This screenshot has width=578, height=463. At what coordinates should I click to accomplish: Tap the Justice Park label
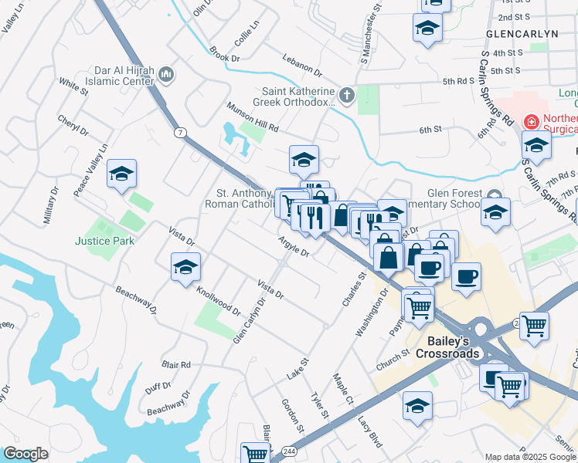(104, 241)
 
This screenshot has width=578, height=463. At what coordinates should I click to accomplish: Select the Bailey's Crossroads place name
(452, 346)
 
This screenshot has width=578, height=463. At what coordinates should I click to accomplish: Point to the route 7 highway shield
(180, 133)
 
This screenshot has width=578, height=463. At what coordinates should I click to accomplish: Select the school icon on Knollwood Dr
(185, 268)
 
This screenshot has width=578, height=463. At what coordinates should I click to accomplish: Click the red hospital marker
(531, 121)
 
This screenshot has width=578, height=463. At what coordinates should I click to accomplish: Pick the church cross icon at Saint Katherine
(347, 96)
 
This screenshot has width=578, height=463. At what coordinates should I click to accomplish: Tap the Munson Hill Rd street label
(252, 117)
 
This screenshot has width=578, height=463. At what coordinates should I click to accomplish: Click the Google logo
(25, 454)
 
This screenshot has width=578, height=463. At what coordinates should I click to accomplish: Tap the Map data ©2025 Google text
(529, 457)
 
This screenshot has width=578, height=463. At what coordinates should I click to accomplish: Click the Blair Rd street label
(176, 364)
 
